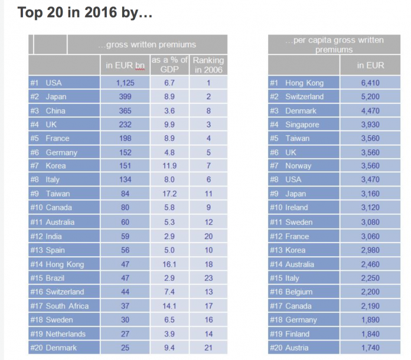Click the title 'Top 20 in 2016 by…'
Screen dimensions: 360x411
pyautogui.click(x=85, y=12)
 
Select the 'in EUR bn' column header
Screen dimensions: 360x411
pyautogui.click(x=125, y=65)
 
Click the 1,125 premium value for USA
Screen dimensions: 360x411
pyautogui.click(x=125, y=83)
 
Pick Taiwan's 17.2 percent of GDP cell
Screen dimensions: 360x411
pyautogui.click(x=169, y=194)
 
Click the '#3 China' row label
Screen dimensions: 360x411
pyautogui.click(x=48, y=111)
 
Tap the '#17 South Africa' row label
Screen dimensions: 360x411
pyautogui.click(x=60, y=306)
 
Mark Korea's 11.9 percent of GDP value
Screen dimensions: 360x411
pyautogui.click(x=169, y=166)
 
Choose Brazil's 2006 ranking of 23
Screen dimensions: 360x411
pyautogui.click(x=208, y=278)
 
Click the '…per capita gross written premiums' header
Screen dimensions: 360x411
pyautogui.click(x=334, y=45)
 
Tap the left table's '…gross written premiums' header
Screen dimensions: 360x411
pyautogui.click(x=147, y=45)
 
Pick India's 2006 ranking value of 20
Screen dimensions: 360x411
pyautogui.click(x=208, y=236)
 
